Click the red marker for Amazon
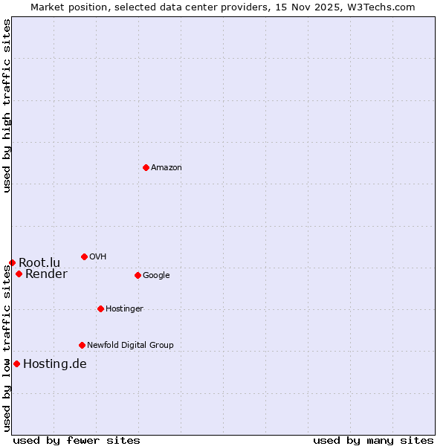146,167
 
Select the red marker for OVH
84,256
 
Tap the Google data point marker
138,275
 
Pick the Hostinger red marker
100,308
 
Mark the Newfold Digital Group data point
82,345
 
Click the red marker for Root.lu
12,262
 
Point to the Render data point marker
19,274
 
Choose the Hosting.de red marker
16,363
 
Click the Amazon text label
167,168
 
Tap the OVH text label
98,257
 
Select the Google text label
156,276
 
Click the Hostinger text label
124,309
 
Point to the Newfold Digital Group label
130,346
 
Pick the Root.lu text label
39,262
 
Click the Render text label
46,274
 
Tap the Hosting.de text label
55,364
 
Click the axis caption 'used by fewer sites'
77,440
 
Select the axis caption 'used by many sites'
373,440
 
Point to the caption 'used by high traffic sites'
7,106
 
